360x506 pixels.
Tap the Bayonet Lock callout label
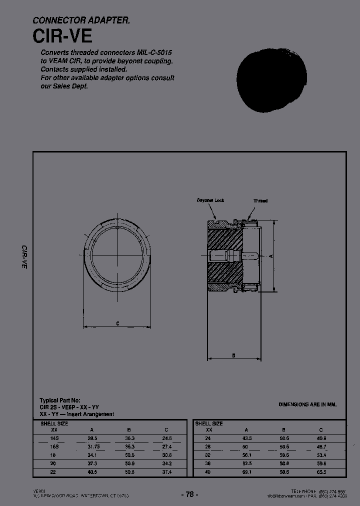(x=210, y=200)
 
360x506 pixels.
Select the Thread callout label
(x=260, y=201)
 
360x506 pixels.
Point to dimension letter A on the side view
(x=270, y=255)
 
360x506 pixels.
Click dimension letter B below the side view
(x=234, y=355)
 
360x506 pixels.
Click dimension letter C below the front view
(x=117, y=323)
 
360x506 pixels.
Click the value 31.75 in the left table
(x=93, y=446)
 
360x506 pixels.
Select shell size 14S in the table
(x=54, y=437)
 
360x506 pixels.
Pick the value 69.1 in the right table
(x=246, y=471)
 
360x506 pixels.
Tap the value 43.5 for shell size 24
(x=246, y=437)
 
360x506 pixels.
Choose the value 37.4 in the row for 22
(x=166, y=471)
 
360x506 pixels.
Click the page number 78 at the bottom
(x=189, y=494)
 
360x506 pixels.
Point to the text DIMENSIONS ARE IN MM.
(x=307, y=404)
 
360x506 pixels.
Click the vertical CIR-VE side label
(x=23, y=257)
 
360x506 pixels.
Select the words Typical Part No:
(x=60, y=400)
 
